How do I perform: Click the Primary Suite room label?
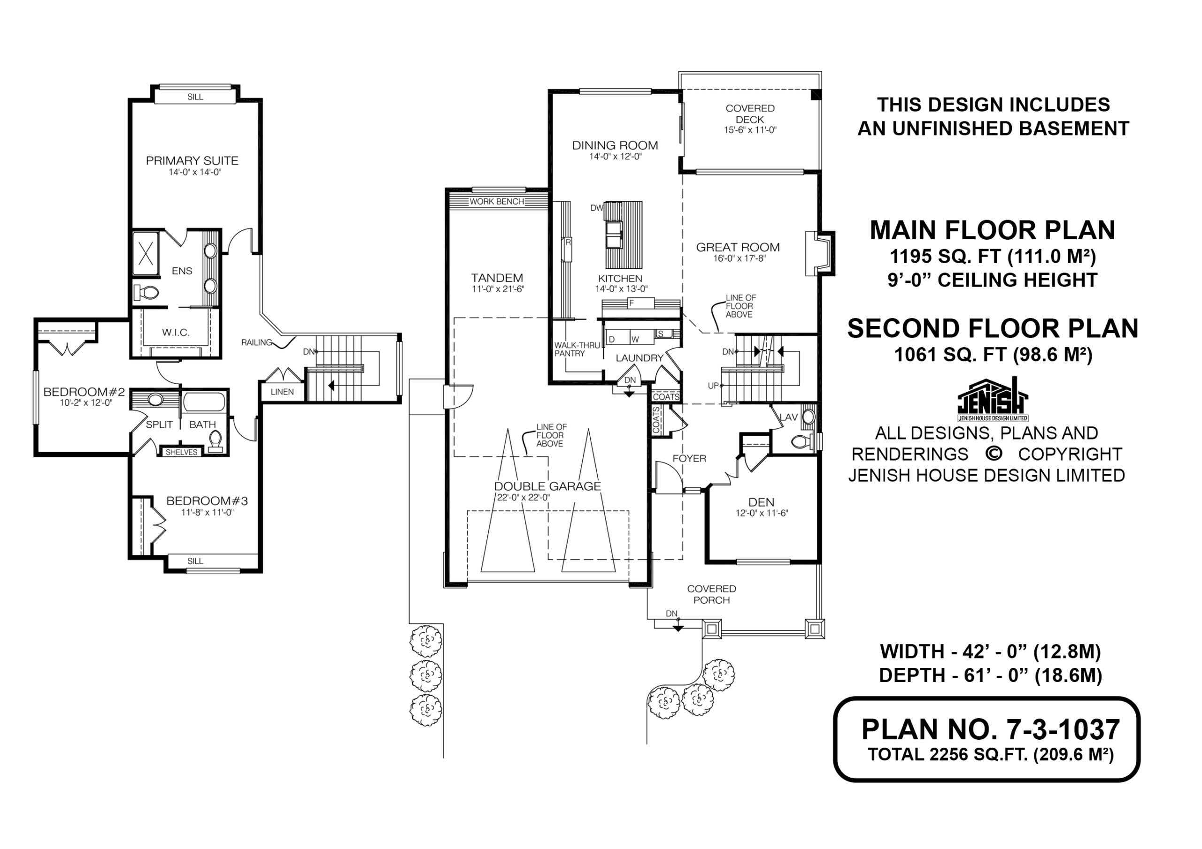click(x=192, y=160)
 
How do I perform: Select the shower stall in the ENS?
click(x=145, y=254)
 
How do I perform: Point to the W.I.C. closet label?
click(x=176, y=332)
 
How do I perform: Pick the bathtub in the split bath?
click(x=204, y=403)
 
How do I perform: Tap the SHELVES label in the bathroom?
click(x=182, y=452)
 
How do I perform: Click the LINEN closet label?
click(x=282, y=392)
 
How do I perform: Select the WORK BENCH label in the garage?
click(x=496, y=201)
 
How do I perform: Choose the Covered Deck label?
click(x=750, y=114)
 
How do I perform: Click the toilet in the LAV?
click(x=801, y=442)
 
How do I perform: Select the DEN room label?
click(x=761, y=502)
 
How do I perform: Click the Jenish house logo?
click(x=993, y=400)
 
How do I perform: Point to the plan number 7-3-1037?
click(x=991, y=729)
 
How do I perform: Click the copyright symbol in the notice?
click(x=994, y=454)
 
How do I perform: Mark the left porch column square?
click(x=711, y=628)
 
